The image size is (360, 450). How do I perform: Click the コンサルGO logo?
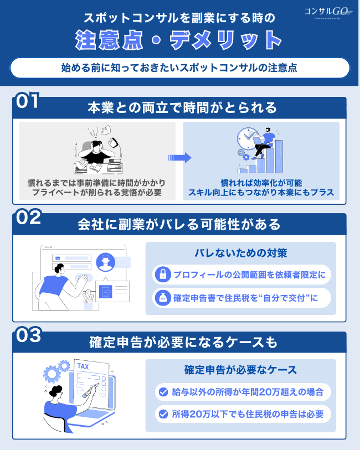tap(328, 12)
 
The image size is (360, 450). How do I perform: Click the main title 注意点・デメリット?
tap(179, 40)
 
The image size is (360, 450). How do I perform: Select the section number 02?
tap(28, 218)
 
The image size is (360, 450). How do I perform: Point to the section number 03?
tap(28, 335)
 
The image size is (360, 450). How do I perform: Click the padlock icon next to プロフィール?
tap(163, 274)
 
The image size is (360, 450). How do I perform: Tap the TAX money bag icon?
tap(163, 298)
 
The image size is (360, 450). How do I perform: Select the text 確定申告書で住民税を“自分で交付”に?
tap(248, 298)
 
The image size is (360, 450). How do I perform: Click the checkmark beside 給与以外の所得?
tap(163, 392)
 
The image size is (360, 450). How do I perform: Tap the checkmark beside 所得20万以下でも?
tap(163, 413)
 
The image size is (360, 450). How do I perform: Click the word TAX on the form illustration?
tap(83, 366)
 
